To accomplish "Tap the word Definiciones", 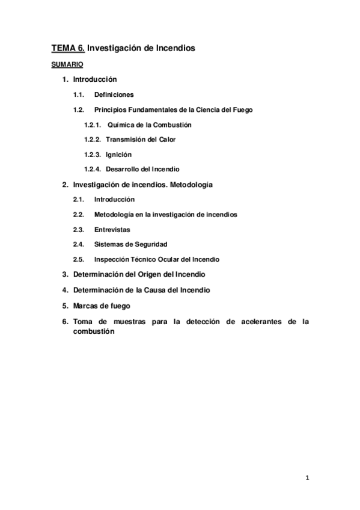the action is pos(114,94).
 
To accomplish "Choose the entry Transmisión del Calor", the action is pos(141,140).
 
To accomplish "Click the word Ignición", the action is pos(118,155).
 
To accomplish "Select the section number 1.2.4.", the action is pos(93,169).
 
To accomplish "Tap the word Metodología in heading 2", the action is pos(191,184).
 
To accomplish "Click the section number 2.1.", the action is pos(78,199).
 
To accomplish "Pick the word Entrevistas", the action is pos(112,229).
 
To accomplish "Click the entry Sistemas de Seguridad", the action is pos(130,244).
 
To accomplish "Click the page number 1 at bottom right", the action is pos(307,478).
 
